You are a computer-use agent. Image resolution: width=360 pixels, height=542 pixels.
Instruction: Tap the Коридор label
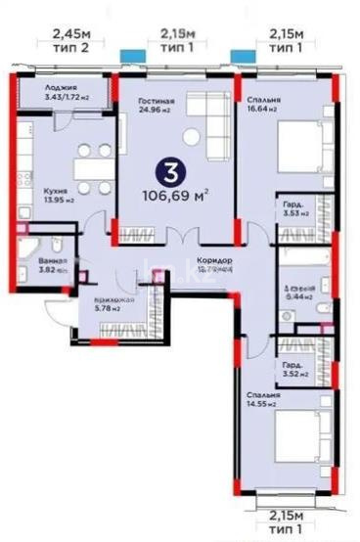tap(213, 260)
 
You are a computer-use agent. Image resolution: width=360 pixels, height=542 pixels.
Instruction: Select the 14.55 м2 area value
tap(260, 403)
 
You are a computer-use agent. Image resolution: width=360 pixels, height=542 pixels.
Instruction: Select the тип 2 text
tap(58, 47)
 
